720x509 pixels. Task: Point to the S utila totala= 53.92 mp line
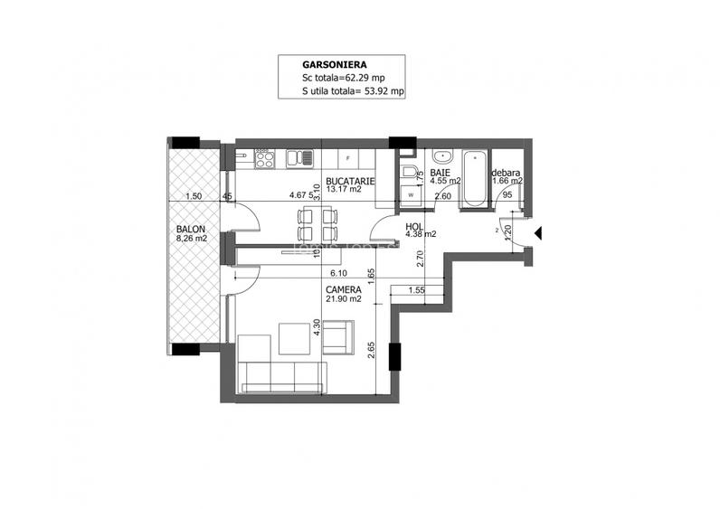coord(354,92)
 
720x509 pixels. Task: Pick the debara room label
coord(505,172)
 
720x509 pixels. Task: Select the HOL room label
coord(414,228)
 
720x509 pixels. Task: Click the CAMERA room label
coord(344,291)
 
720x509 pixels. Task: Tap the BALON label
coord(191,230)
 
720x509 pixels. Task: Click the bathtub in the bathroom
coord(473,180)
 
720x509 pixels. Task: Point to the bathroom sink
coord(439,155)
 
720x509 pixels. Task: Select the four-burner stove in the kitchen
coord(264,159)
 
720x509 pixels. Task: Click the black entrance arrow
coord(537,233)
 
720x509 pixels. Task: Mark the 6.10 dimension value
coord(339,272)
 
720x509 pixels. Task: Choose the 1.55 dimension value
coord(416,290)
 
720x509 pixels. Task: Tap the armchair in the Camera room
coord(337,339)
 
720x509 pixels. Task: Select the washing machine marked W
coord(411,193)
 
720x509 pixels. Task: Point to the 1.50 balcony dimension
coord(191,195)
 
